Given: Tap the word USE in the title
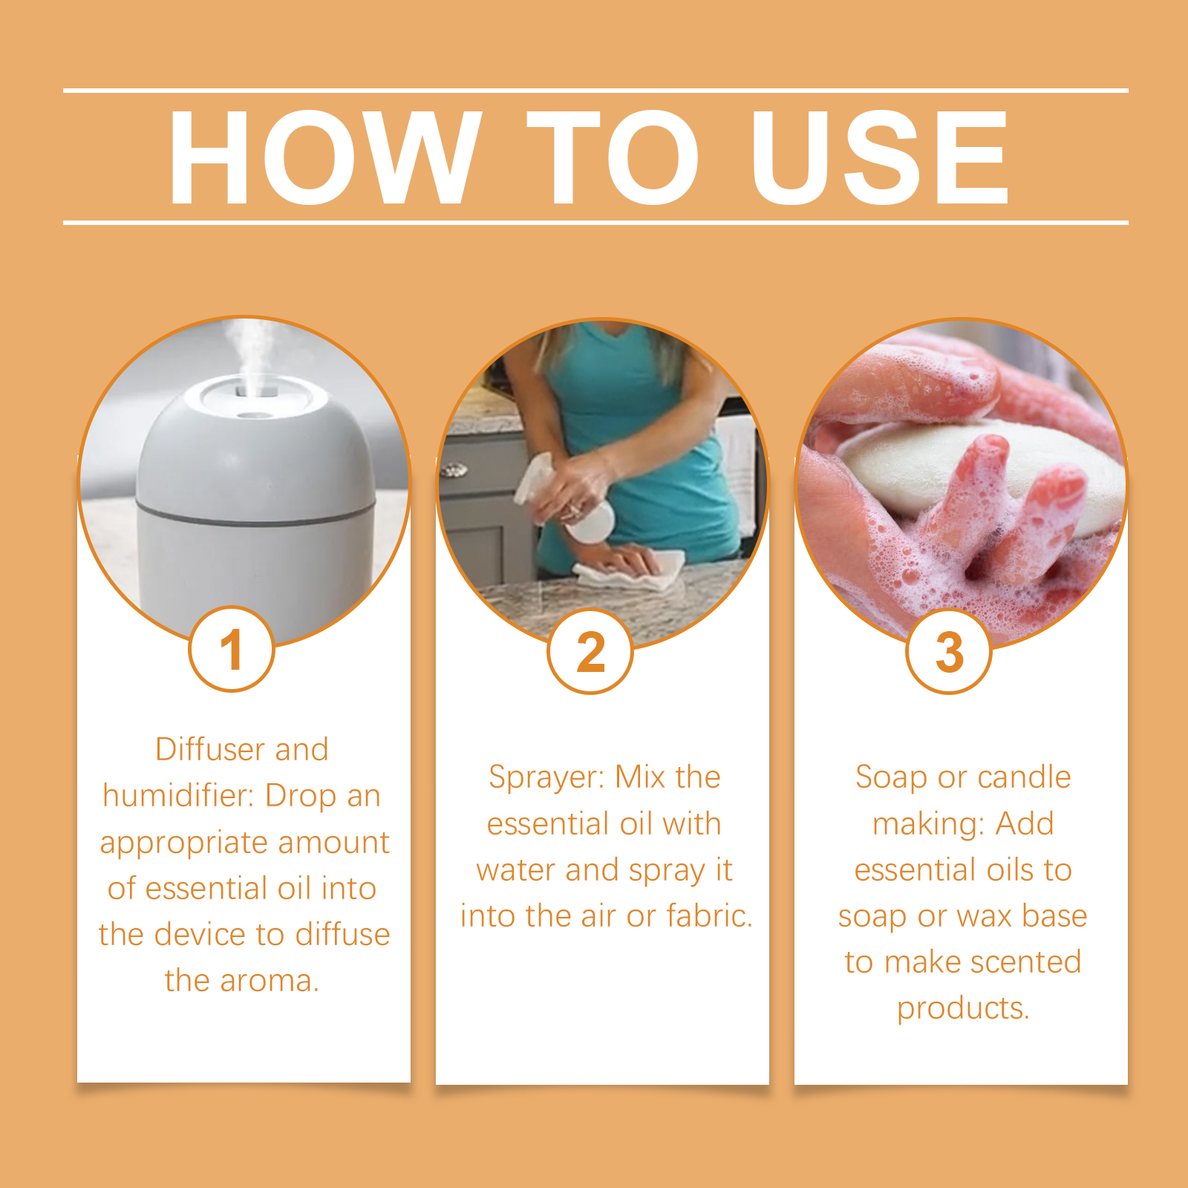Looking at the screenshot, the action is pos(879,157).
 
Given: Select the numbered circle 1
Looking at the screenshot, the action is pos(232,649).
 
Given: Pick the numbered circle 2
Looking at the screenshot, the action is pos(590,651).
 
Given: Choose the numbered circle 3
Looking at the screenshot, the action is pos(949,651).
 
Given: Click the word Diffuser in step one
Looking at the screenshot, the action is pos(210,749).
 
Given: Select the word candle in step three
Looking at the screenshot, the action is pos(1025,777).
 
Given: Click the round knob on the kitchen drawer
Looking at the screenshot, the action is pos(453,469).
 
